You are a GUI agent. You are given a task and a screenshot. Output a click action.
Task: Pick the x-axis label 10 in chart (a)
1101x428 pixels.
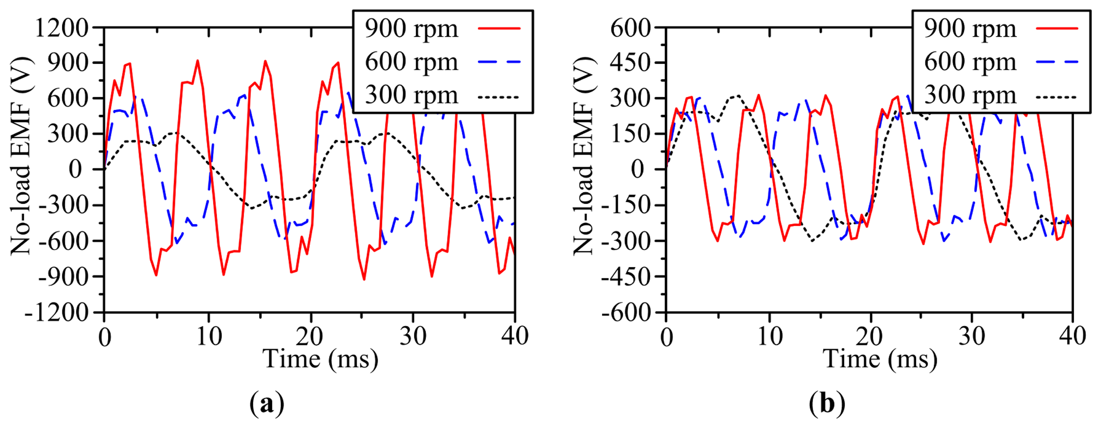(x=209, y=336)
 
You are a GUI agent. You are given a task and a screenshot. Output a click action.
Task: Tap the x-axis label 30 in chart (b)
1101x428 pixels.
(x=972, y=336)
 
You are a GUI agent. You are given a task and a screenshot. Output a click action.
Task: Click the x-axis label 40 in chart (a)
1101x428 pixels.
(x=515, y=336)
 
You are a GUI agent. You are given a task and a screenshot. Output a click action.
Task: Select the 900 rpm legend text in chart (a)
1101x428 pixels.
(x=411, y=29)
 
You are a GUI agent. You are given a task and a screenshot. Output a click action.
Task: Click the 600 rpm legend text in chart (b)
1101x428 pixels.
(x=970, y=62)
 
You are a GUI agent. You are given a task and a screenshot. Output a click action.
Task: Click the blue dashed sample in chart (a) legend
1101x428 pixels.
(x=499, y=62)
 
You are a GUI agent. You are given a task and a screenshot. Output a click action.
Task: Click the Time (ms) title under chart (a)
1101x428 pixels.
(x=321, y=359)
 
